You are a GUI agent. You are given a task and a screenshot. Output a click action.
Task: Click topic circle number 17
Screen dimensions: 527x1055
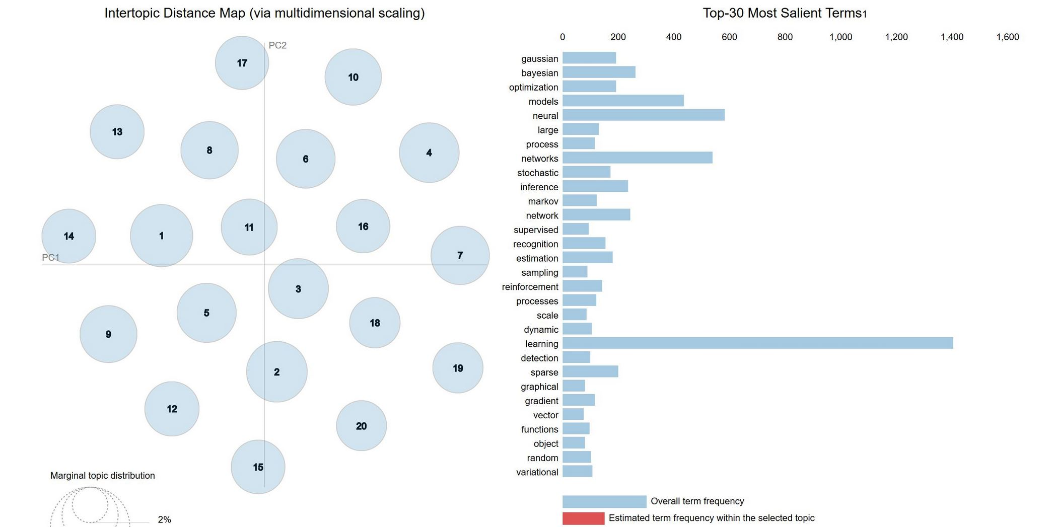242,63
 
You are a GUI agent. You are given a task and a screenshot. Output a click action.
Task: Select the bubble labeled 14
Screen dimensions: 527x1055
68,236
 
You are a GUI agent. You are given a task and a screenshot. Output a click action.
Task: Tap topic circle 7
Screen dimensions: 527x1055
460,255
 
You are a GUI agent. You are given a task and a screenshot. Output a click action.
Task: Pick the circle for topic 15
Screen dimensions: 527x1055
258,467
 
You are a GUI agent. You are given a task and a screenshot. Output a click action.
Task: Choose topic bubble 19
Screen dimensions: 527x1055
458,368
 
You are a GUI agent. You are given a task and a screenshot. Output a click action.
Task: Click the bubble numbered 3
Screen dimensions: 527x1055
298,289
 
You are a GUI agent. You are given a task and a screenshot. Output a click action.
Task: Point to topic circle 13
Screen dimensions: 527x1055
117,132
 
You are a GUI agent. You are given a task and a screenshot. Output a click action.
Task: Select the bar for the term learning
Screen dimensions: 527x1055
757,343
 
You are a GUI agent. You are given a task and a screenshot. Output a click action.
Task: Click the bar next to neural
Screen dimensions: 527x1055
643,115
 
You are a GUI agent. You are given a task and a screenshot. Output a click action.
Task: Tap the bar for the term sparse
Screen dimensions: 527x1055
590,372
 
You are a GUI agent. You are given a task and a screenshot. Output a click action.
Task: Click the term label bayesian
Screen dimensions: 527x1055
539,73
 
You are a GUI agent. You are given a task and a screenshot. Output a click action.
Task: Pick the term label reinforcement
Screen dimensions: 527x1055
530,287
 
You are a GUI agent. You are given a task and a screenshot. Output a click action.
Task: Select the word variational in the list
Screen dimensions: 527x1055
537,472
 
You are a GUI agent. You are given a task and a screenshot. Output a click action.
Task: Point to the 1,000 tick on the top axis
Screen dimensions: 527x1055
840,37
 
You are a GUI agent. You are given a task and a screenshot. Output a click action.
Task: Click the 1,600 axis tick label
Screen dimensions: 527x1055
1007,37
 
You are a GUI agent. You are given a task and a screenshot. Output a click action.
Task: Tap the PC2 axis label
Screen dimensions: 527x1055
277,45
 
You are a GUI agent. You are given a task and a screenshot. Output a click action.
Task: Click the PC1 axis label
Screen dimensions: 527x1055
50,258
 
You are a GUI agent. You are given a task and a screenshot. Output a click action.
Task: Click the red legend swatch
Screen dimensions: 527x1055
583,518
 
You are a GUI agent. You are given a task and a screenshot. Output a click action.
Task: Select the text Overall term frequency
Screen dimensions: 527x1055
697,501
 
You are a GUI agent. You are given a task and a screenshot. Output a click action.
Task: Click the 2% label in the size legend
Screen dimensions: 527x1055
164,519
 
